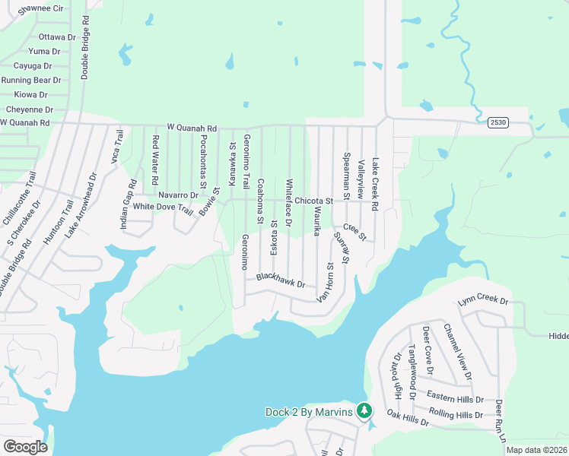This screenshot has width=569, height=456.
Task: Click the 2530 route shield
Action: click(498, 122)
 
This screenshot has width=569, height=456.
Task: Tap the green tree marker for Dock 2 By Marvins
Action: click(364, 410)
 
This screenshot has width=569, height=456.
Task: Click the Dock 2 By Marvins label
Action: click(309, 412)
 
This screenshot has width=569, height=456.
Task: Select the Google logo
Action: click(25, 446)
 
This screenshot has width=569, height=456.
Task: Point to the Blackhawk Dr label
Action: click(281, 280)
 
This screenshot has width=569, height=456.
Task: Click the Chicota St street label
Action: click(314, 201)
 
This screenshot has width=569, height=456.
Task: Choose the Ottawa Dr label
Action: click(57, 36)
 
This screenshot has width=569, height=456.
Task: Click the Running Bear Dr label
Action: click(31, 80)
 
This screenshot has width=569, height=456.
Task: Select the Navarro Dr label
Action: click(178, 195)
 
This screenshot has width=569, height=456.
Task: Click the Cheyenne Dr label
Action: click(29, 109)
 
